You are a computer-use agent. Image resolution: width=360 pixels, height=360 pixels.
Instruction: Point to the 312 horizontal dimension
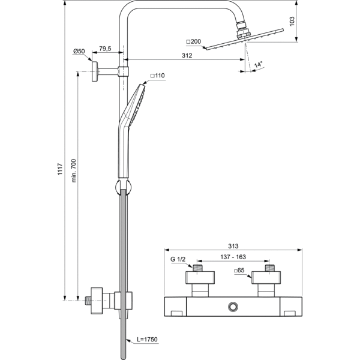187,56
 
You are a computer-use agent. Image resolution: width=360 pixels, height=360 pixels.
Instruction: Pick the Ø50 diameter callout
79,52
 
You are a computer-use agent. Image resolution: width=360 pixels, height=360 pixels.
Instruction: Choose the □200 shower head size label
194,42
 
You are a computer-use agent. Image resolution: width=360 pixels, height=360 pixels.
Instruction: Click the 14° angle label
258,65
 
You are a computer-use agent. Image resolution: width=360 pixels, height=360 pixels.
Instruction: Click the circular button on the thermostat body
232,307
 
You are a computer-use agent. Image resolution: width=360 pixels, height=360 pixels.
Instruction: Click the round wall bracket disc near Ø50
95,71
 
